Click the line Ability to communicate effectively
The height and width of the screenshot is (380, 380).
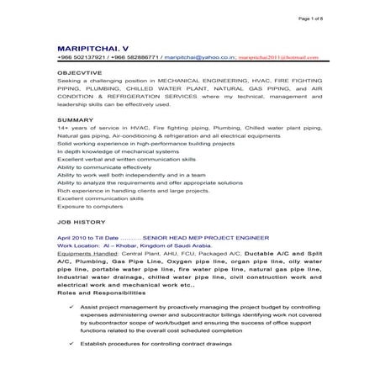103,167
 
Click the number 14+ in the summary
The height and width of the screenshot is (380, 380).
64,130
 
